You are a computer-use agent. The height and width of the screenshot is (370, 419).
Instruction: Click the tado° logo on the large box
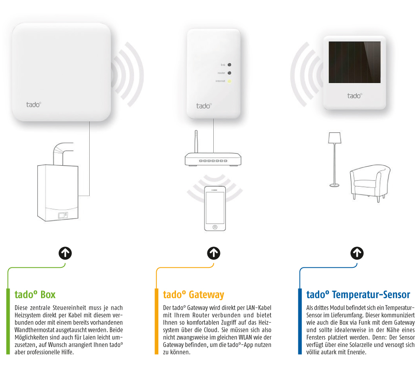click(31, 104)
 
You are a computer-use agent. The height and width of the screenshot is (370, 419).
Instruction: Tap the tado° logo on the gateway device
click(204, 105)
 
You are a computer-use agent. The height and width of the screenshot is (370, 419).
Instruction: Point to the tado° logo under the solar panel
click(354, 96)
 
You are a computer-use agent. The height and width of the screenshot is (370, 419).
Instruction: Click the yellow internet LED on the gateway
click(230, 81)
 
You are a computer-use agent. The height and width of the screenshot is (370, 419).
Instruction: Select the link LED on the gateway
click(230, 65)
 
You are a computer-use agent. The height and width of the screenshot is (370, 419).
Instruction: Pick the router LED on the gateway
click(230, 73)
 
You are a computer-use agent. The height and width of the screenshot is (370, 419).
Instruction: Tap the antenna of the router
click(195, 142)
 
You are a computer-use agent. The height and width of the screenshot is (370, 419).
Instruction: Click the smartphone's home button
click(215, 227)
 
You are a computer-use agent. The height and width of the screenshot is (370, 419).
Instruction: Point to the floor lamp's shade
click(334, 138)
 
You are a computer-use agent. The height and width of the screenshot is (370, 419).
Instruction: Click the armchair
click(370, 180)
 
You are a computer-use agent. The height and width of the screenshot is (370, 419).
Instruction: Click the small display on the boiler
click(62, 215)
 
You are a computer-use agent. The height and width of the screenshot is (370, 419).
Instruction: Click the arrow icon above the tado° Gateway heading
click(214, 253)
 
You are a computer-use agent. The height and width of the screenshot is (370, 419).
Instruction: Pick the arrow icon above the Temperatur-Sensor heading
click(357, 253)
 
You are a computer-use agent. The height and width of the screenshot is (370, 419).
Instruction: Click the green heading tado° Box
click(35, 295)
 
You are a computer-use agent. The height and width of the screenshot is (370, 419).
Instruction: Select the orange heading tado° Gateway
click(194, 295)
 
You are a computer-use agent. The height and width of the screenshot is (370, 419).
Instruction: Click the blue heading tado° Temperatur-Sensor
click(358, 295)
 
